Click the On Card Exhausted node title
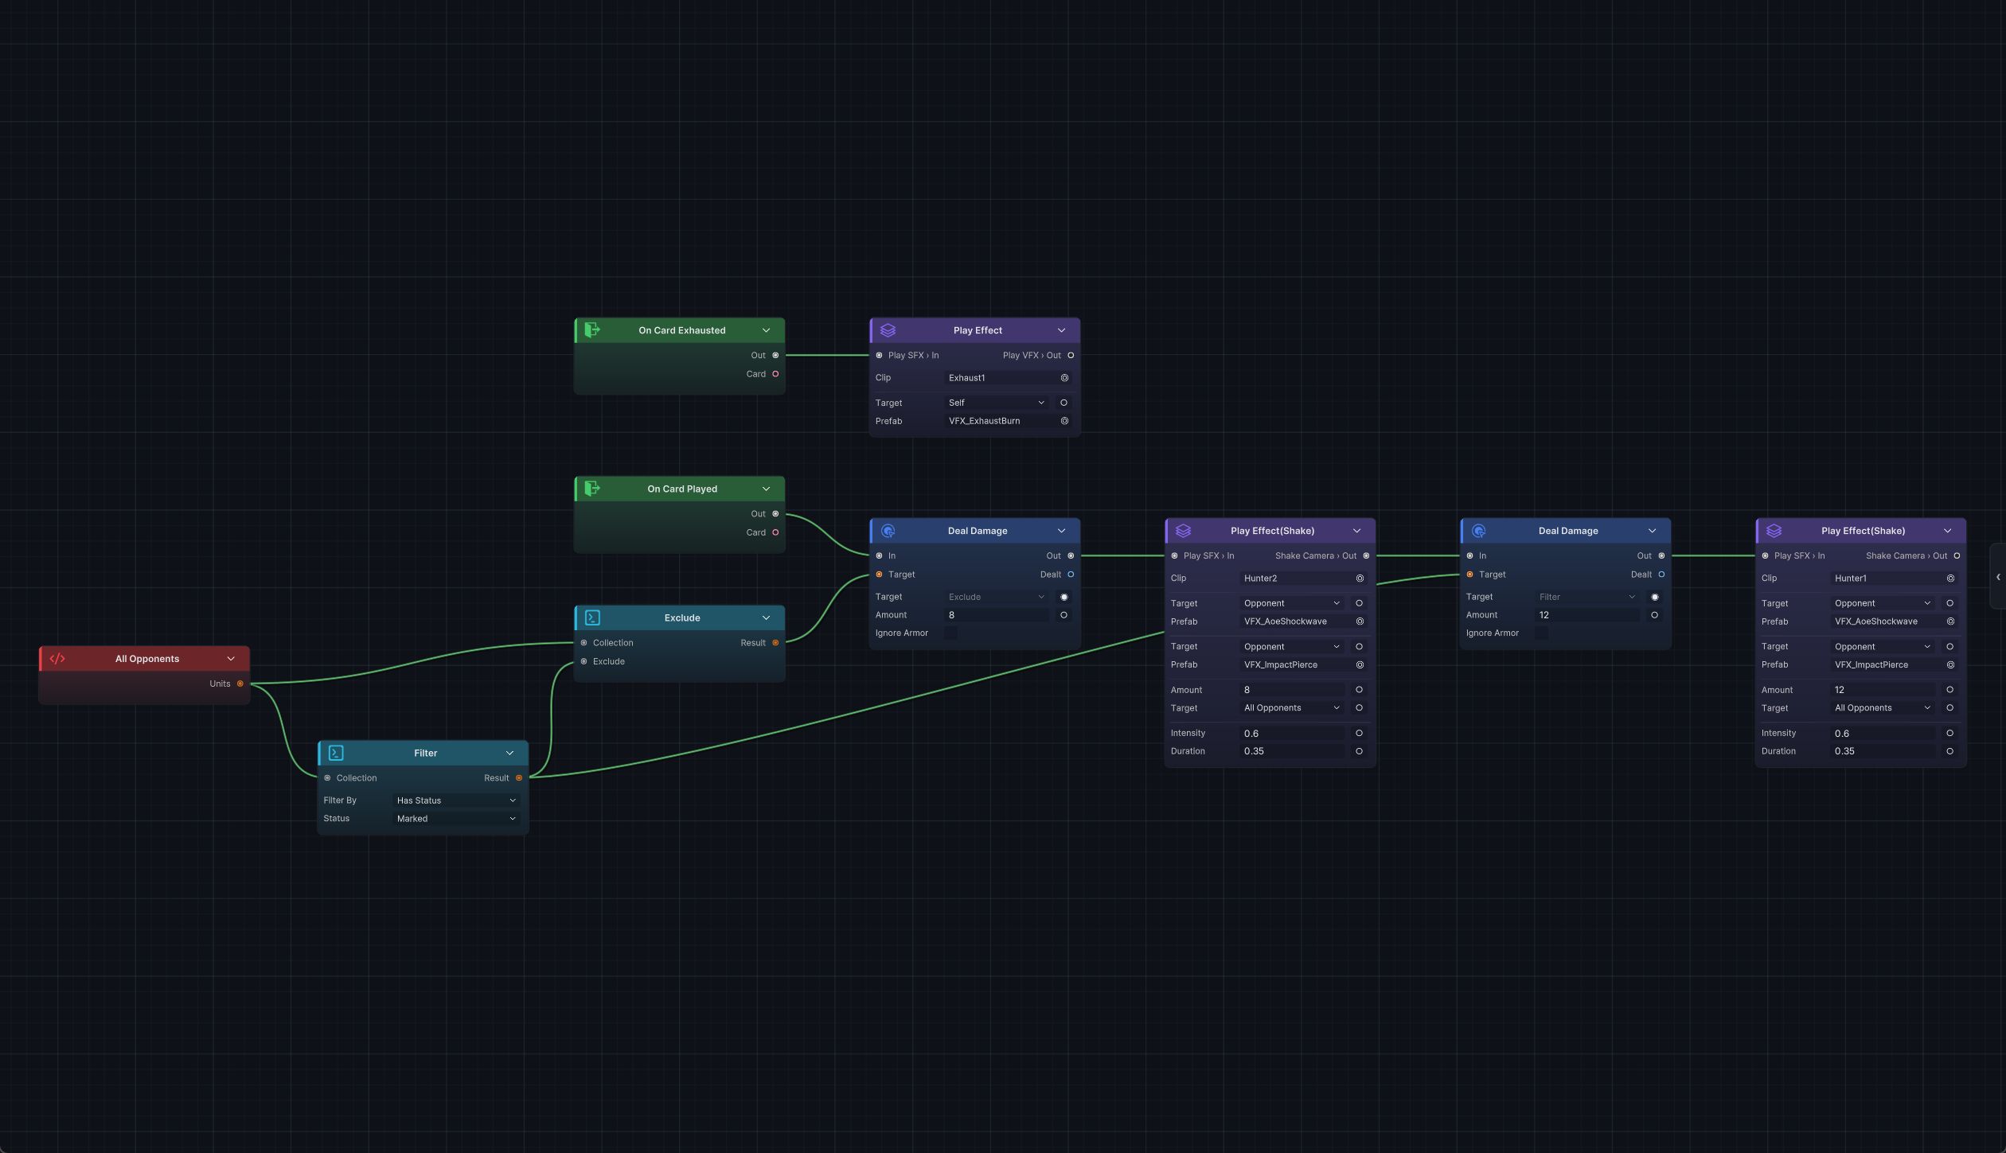pyautogui.click(x=681, y=330)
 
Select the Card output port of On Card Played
pyautogui.click(x=775, y=532)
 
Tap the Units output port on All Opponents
pyautogui.click(x=240, y=684)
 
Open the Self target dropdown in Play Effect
pyautogui.click(x=996, y=403)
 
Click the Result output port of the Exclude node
pyautogui.click(x=775, y=643)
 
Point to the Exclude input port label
pyautogui.click(x=609, y=661)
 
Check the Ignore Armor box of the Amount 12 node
pyautogui.click(x=1542, y=633)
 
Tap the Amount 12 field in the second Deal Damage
pyautogui.click(x=1587, y=615)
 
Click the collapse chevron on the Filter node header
pyautogui.click(x=510, y=753)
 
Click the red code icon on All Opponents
pyautogui.click(x=57, y=659)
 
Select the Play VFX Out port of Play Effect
pyautogui.click(x=1071, y=356)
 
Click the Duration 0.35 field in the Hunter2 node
pyautogui.click(x=1292, y=751)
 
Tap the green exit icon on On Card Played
pyautogui.click(x=592, y=489)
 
